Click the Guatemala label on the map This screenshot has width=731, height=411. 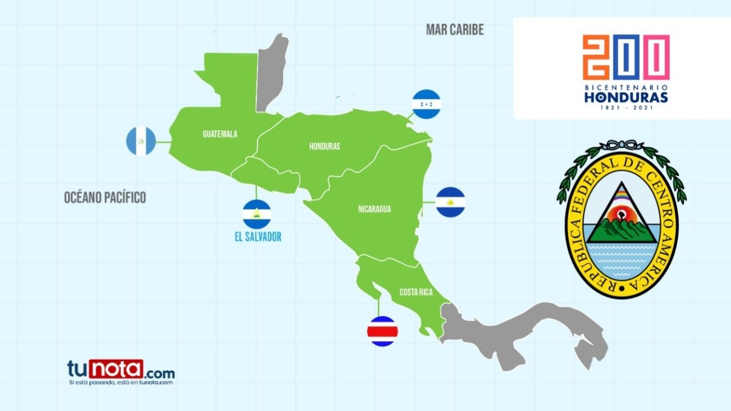click(220, 134)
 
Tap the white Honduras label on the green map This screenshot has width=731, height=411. click(324, 146)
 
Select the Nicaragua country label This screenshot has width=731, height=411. click(375, 209)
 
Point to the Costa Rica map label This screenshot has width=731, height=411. click(416, 292)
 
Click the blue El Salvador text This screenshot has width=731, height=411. click(258, 236)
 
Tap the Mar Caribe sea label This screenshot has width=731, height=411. click(455, 30)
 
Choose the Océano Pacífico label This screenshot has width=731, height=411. click(105, 198)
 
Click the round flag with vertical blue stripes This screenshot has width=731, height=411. click(141, 141)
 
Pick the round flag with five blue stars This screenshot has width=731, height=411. click(426, 104)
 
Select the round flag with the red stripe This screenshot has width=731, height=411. click(383, 331)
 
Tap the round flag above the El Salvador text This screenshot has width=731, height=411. click(257, 214)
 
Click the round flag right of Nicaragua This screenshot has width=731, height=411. click(450, 202)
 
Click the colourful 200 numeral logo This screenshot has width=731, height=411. click(626, 57)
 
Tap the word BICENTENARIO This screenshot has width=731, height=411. click(626, 87)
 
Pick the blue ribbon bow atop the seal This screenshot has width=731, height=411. click(621, 145)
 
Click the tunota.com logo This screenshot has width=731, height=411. click(121, 371)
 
